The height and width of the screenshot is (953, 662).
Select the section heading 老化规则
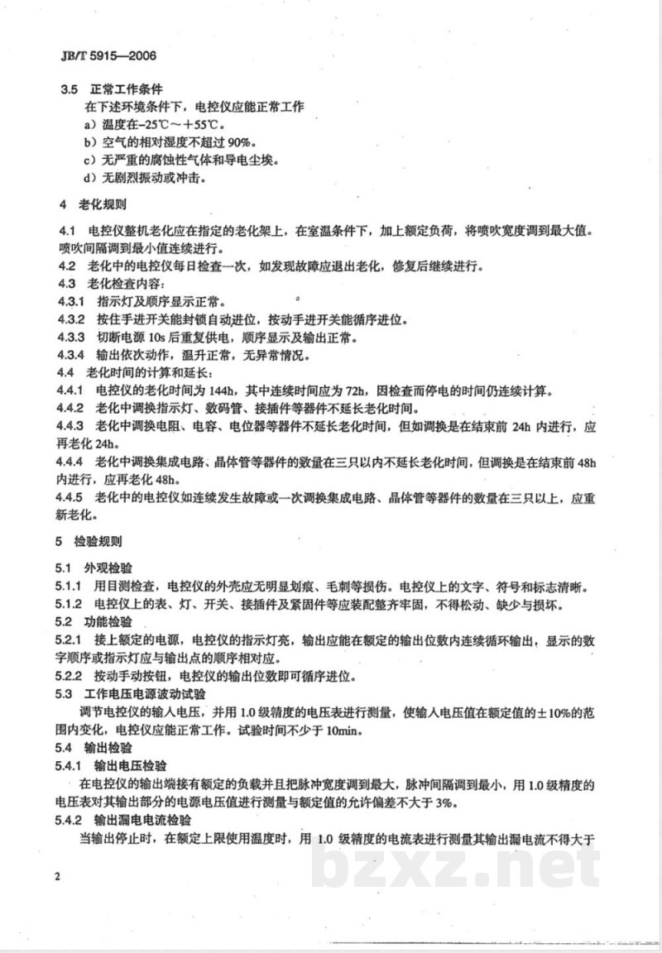[103, 203]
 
